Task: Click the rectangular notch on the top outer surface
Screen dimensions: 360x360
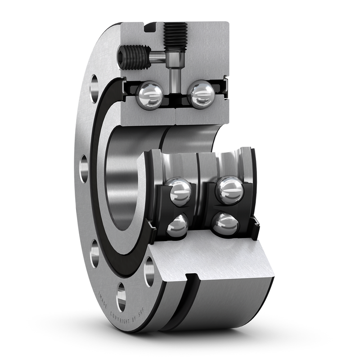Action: click(150, 27)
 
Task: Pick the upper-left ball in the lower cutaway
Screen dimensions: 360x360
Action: click(179, 191)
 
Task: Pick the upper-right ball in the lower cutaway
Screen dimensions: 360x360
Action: click(229, 189)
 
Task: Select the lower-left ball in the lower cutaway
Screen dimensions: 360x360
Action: click(177, 226)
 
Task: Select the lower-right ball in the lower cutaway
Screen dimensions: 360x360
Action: click(225, 224)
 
